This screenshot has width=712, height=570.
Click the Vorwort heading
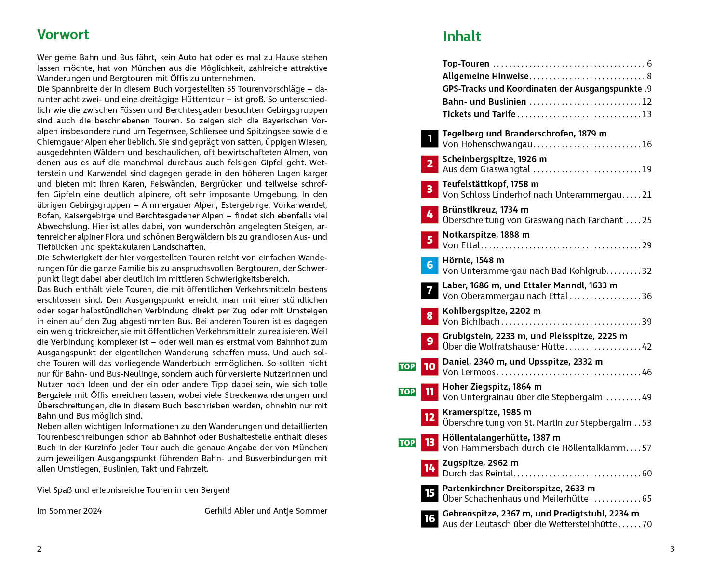pyautogui.click(x=63, y=35)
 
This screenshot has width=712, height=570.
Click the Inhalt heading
pyautogui.click(x=461, y=37)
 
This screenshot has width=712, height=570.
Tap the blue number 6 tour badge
pyautogui.click(x=430, y=265)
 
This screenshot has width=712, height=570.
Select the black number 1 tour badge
pyautogui.click(x=430, y=139)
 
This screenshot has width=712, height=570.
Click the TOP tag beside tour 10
pyautogui.click(x=407, y=366)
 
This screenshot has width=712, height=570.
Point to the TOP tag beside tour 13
pyautogui.click(x=407, y=443)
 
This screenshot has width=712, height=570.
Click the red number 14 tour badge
pyautogui.click(x=430, y=468)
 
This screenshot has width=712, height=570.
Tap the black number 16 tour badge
pyautogui.click(x=430, y=518)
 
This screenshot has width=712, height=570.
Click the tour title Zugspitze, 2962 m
pyautogui.click(x=480, y=463)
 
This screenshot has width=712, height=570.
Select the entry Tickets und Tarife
pyautogui.click(x=479, y=114)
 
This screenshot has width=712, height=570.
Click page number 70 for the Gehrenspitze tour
pyautogui.click(x=646, y=524)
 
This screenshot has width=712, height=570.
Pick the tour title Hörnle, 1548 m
pyautogui.click(x=473, y=260)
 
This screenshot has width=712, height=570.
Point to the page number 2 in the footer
pyautogui.click(x=40, y=549)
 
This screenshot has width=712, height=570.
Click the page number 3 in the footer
pyautogui.click(x=672, y=549)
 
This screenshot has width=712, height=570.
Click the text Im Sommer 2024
pyautogui.click(x=69, y=511)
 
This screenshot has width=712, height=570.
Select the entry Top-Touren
pyautogui.click(x=466, y=64)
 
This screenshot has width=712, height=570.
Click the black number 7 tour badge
pyautogui.click(x=430, y=290)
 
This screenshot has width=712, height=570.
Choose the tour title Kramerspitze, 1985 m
pyautogui.click(x=487, y=412)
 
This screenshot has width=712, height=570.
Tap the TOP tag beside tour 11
pyautogui.click(x=407, y=392)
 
